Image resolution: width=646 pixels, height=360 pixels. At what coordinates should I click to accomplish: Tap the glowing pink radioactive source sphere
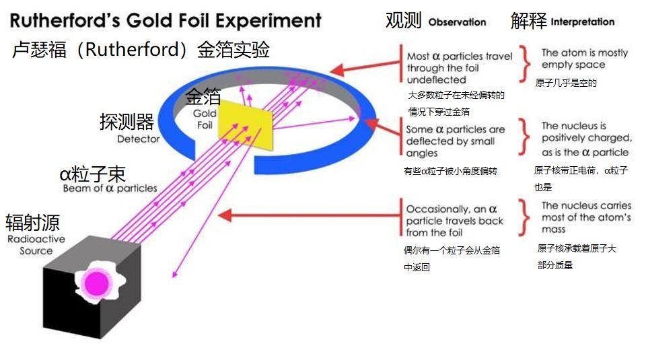click(x=96, y=280)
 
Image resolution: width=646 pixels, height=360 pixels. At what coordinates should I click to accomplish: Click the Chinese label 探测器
click(x=127, y=122)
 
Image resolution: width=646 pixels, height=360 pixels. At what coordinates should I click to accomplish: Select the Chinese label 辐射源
click(x=32, y=223)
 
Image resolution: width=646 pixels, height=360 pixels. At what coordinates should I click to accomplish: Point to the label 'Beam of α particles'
click(x=110, y=189)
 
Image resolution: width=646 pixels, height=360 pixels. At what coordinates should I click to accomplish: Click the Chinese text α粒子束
click(x=92, y=174)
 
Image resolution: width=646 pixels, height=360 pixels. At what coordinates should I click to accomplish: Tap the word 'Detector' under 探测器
click(x=138, y=139)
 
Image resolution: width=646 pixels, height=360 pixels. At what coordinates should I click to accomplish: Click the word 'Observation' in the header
click(x=457, y=22)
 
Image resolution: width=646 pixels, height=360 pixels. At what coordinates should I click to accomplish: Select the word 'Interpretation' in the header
click(x=582, y=22)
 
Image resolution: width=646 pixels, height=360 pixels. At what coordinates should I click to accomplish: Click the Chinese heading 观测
click(x=403, y=20)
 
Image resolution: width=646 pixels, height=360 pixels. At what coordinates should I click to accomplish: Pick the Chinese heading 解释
click(x=528, y=20)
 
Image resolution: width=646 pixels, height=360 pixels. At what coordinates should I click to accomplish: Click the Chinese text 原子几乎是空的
click(x=567, y=83)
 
